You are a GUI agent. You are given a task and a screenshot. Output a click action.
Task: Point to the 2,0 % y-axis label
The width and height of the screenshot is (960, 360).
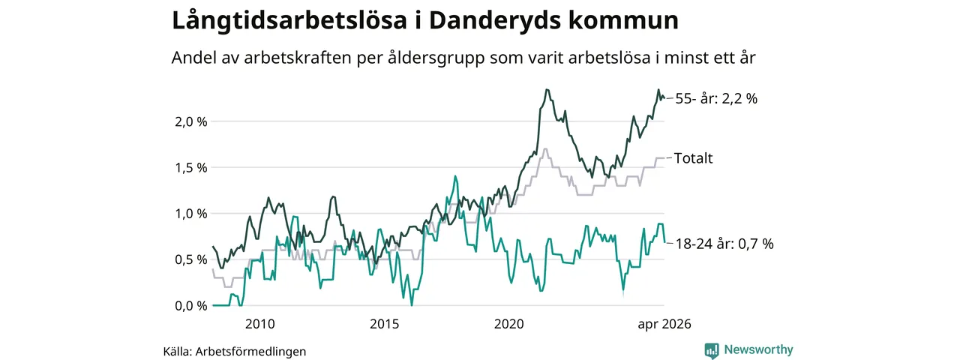click(190, 122)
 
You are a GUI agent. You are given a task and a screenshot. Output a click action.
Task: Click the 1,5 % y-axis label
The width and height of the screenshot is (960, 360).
click(190, 168)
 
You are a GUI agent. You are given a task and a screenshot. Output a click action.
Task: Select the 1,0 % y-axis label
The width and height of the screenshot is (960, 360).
click(190, 214)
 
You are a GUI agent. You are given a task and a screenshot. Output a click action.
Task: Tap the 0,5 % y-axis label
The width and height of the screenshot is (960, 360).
click(190, 260)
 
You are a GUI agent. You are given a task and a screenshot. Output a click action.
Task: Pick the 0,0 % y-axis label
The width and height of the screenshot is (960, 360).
click(190, 306)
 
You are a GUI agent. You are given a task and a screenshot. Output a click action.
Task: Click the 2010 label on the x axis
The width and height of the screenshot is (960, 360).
click(259, 324)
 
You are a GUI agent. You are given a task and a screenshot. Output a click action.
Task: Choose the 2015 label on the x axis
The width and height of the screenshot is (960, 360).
click(385, 324)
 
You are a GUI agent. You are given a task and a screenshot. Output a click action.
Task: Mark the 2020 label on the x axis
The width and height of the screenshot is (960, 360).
click(508, 324)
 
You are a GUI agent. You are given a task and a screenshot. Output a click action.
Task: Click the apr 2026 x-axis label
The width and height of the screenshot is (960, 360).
click(664, 324)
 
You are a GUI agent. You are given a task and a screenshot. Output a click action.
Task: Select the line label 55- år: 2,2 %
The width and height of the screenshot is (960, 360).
click(716, 99)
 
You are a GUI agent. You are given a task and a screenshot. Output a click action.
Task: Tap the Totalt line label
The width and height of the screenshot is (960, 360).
click(694, 158)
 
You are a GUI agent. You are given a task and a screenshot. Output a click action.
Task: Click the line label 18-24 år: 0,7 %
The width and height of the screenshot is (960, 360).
click(724, 244)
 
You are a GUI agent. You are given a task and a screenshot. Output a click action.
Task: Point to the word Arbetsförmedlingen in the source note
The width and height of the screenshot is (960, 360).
click(250, 352)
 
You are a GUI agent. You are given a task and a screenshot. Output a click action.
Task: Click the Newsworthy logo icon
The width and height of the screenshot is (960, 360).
click(712, 350)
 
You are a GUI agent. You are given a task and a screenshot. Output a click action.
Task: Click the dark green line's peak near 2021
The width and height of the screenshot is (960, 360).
click(547, 89)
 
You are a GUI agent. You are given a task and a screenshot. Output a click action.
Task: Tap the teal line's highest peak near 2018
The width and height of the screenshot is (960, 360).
click(455, 176)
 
